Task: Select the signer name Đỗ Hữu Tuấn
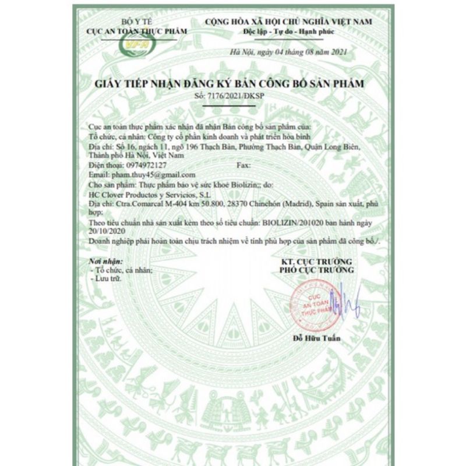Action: [317, 338]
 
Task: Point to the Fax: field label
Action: [245, 165]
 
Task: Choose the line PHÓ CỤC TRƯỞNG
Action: [316, 270]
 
